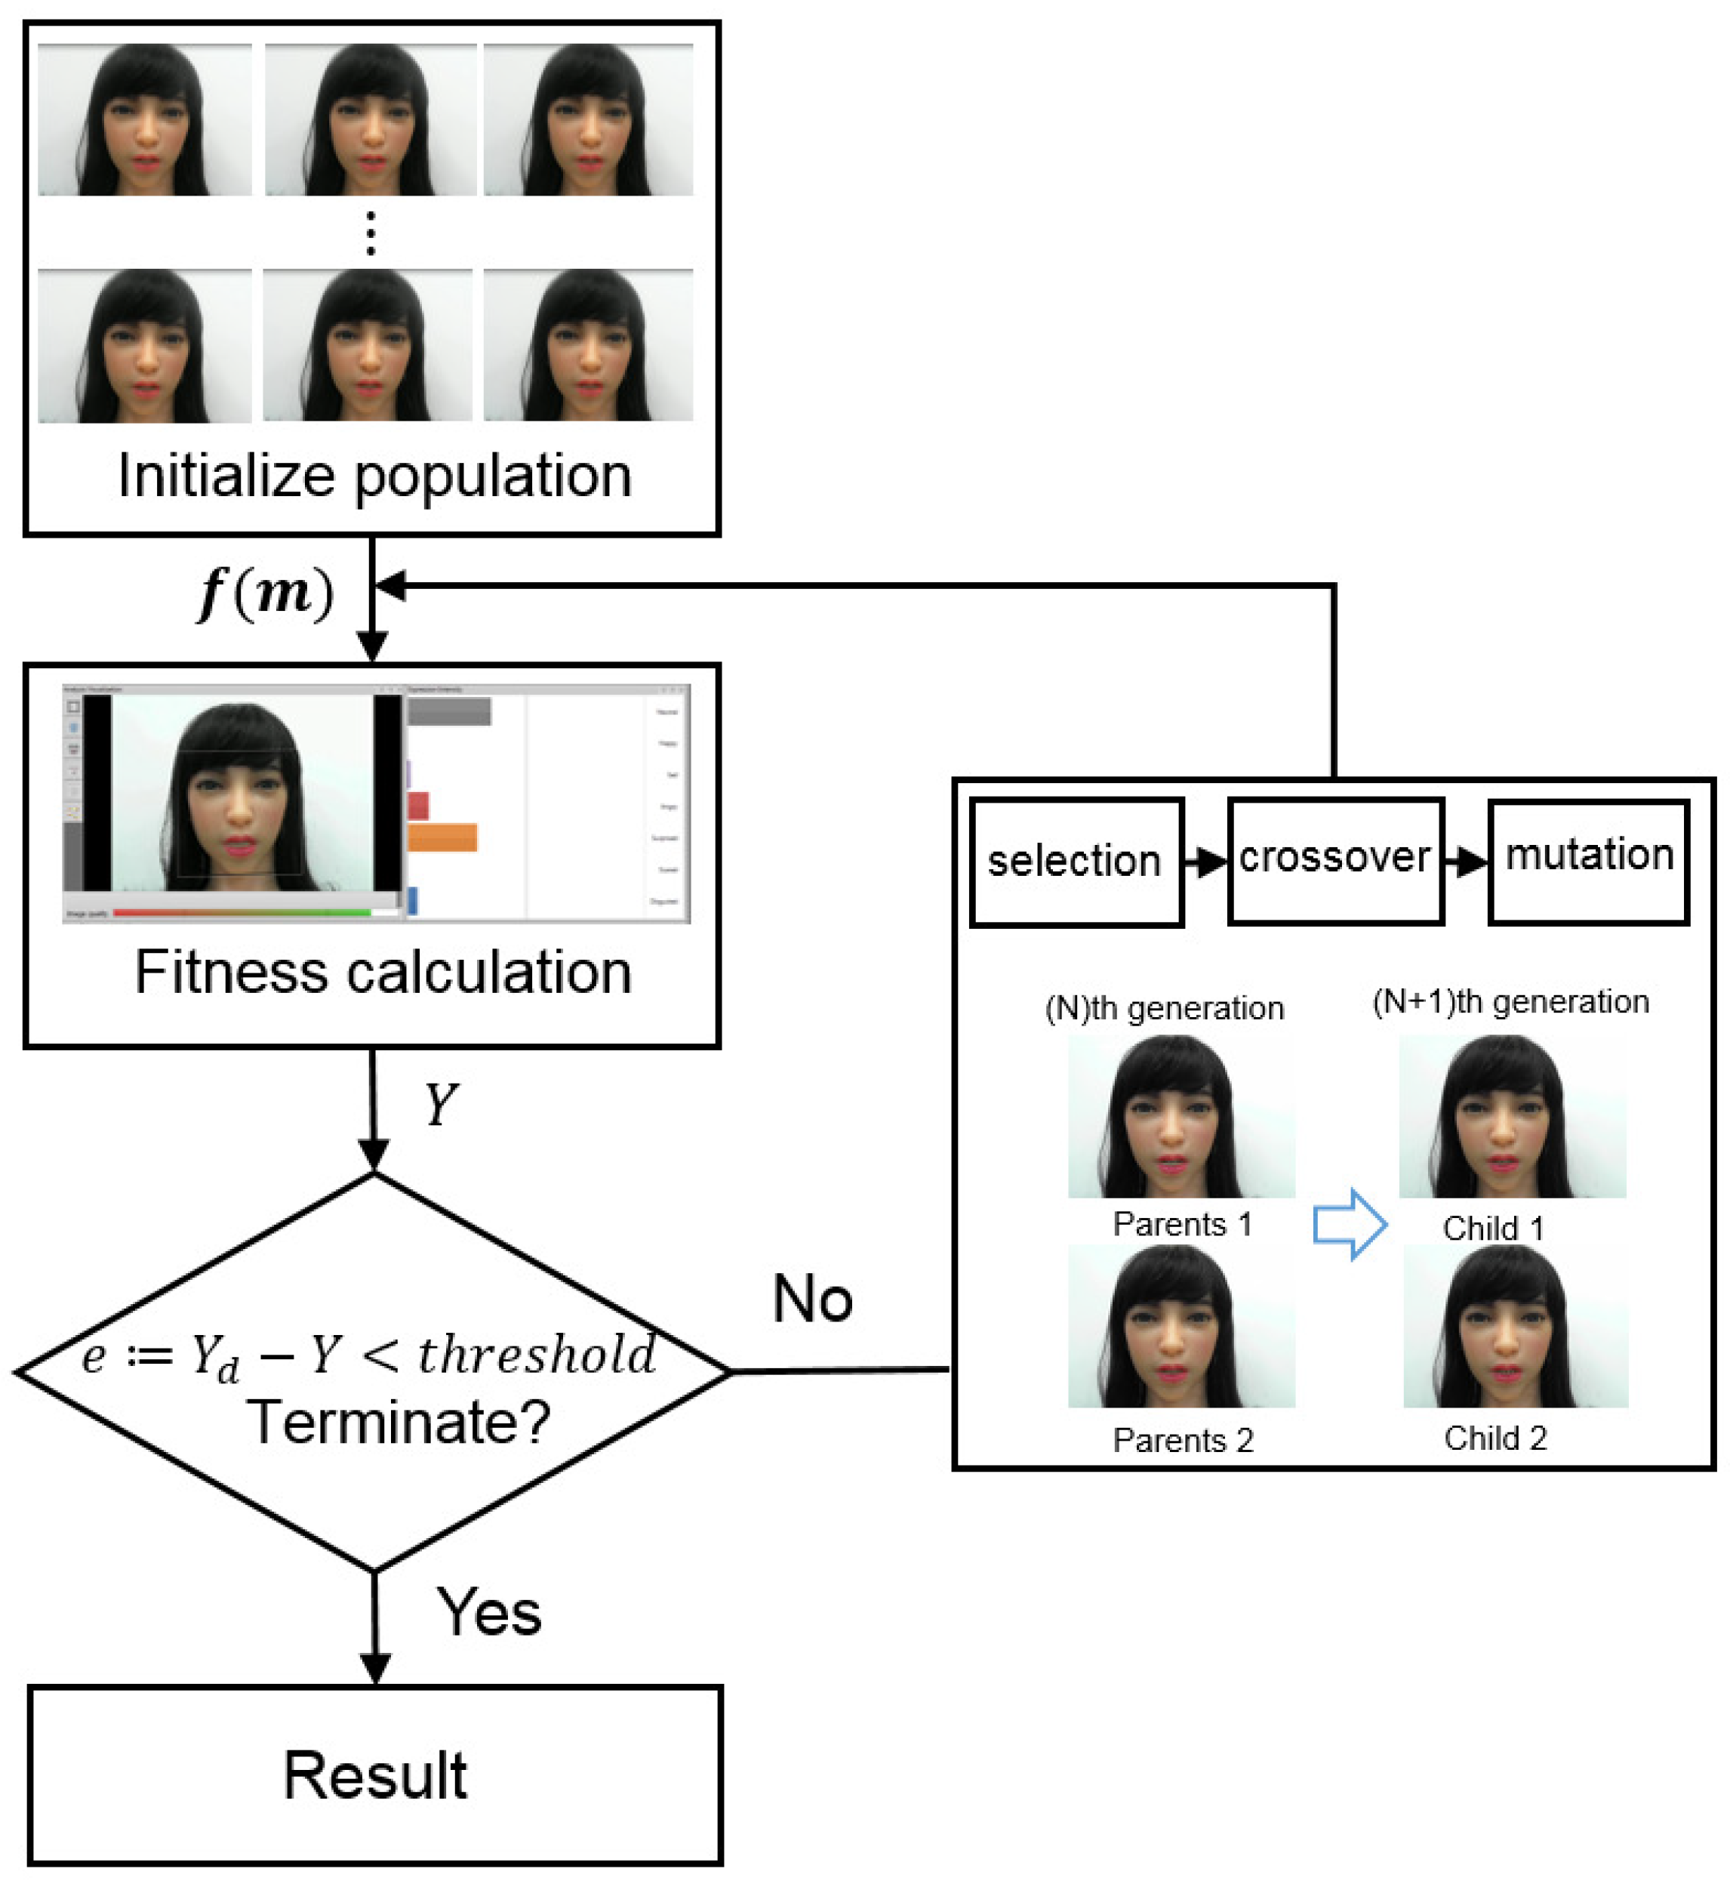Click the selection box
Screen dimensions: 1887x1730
click(x=1076, y=862)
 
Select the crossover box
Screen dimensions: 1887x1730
click(x=1336, y=861)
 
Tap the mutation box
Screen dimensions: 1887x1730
click(x=1589, y=861)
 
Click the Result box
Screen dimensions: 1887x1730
click(x=375, y=1777)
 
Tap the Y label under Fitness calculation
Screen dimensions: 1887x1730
click(x=441, y=1105)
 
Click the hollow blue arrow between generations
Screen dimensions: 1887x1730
click(x=1349, y=1224)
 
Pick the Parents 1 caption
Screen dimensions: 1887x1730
click(x=1182, y=1225)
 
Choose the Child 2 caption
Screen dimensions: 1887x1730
click(x=1495, y=1438)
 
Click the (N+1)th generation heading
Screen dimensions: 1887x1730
click(x=1510, y=1002)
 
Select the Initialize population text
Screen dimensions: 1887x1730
click(x=374, y=476)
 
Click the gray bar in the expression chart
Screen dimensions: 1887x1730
click(x=449, y=712)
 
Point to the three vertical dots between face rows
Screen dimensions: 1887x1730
click(x=371, y=233)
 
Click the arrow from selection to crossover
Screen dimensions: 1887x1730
click(x=1205, y=862)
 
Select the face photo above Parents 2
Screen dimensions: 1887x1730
click(x=1181, y=1327)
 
